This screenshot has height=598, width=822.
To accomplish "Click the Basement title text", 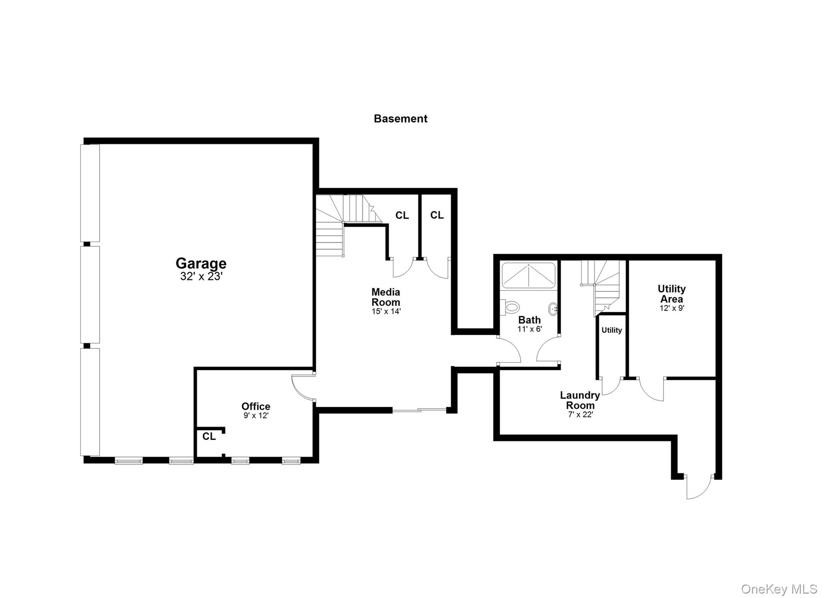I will [x=400, y=118].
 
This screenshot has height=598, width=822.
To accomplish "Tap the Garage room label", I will [x=201, y=263].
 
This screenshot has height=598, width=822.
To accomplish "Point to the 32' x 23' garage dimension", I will [x=201, y=277].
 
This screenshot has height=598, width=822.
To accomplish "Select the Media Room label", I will [x=386, y=297].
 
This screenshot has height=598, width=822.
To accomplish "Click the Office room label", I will [x=256, y=406].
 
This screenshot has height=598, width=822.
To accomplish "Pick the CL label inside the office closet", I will [x=209, y=436].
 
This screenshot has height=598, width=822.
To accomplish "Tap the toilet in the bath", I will [x=510, y=308].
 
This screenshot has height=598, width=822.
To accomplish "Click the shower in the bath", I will [x=529, y=275].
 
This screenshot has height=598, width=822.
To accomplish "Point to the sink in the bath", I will [x=553, y=309].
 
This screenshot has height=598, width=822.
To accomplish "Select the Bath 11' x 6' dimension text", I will [x=529, y=329].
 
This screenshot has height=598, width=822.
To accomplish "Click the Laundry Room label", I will [x=580, y=400].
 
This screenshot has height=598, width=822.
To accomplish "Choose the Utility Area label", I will [x=671, y=294].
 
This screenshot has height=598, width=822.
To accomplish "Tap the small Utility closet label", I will [x=612, y=330].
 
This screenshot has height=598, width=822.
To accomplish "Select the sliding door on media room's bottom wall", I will [x=419, y=410].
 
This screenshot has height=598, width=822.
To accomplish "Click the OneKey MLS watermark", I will [x=779, y=589].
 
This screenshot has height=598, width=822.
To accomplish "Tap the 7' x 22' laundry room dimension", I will [x=580, y=414].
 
